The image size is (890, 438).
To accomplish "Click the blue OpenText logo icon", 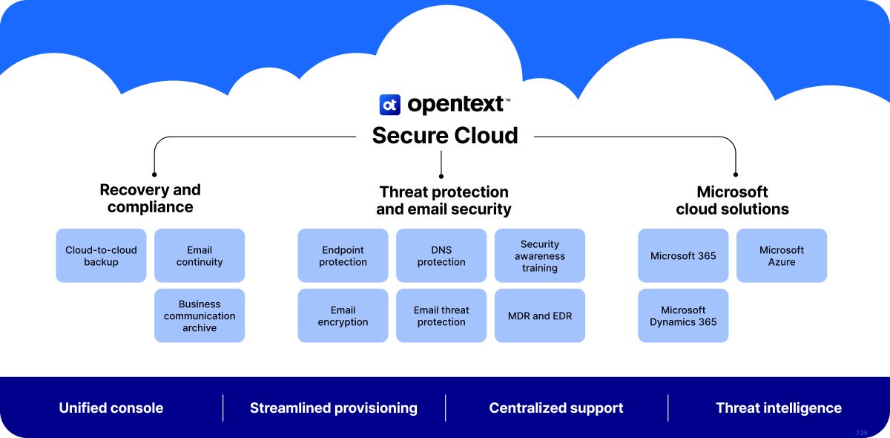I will tap(390, 105).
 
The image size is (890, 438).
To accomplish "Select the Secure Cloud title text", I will tap(444, 136).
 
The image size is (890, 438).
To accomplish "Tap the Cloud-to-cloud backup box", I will tap(101, 255).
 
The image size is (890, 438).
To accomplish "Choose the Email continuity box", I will tap(200, 255).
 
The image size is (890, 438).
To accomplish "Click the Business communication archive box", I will tap(200, 316).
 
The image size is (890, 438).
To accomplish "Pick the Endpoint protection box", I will tap(343, 255).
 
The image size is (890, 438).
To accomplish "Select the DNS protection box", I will tap(441, 255).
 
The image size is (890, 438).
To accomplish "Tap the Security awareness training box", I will tap(540, 255).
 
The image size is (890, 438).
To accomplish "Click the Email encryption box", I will tap(343, 316).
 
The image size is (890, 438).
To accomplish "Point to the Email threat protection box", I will tap(441, 316).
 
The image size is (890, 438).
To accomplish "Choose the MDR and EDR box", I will tap(540, 316).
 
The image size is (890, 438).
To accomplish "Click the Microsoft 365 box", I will tap(683, 255).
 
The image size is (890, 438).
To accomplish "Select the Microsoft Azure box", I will tap(782, 255).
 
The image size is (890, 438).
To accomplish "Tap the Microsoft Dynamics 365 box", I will tap(683, 316).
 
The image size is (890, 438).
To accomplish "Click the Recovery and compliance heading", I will tap(151, 198).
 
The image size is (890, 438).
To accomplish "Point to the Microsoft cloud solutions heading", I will tap(732, 200).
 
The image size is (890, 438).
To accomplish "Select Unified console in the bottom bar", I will tap(111, 408).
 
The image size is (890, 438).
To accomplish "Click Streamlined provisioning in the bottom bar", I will tap(334, 408).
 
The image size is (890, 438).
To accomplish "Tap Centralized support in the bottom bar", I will tap(556, 408).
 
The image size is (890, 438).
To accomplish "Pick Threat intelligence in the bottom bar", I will tap(779, 408).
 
